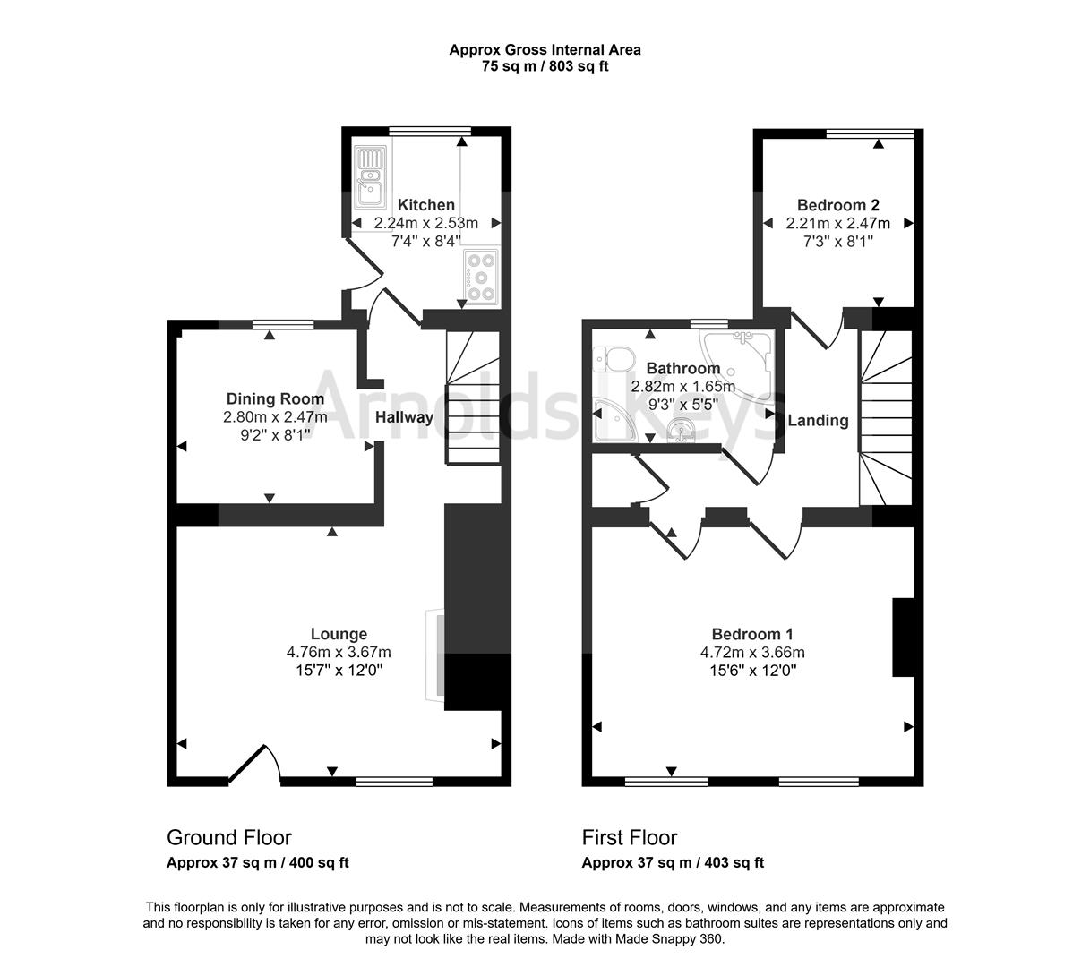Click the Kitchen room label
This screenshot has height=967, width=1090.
426,205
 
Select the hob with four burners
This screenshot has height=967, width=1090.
481,276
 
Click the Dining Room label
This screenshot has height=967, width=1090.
275,399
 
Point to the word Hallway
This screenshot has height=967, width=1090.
404,417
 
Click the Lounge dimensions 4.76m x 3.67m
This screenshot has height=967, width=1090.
339,653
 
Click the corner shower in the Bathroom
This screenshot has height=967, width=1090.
741,359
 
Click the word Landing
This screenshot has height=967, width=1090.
818,421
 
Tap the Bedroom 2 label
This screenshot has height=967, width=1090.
837,205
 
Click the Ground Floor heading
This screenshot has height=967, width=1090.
229,838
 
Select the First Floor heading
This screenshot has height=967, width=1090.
630,838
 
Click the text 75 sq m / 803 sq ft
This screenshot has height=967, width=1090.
545,66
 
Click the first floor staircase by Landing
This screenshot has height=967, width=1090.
885,416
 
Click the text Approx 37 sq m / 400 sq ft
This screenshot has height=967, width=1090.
258,864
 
